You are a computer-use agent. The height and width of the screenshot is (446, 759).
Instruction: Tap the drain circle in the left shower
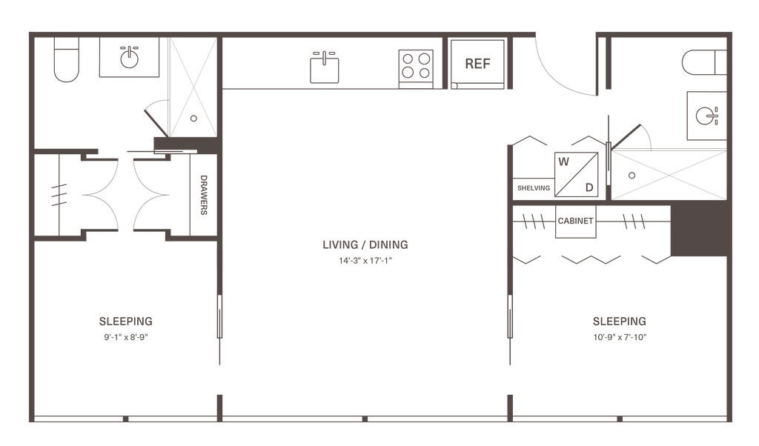click(x=192, y=117)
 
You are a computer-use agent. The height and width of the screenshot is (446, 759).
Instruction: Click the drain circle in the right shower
click(x=632, y=176)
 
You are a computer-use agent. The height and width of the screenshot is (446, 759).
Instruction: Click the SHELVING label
click(x=533, y=188)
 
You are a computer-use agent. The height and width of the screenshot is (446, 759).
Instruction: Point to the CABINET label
click(x=575, y=221)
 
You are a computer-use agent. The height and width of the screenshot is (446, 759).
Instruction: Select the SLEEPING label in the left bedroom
click(x=125, y=322)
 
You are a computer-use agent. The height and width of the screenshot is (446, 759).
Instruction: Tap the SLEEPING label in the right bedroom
click(x=620, y=322)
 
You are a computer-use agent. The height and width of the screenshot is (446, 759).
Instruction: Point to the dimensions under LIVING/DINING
click(x=364, y=261)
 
